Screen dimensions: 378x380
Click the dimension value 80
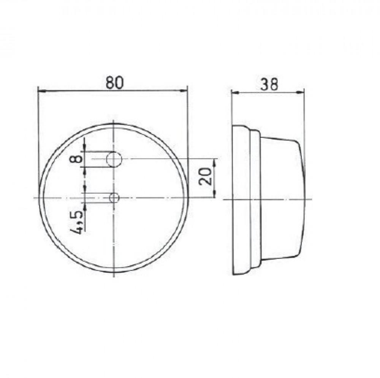[114, 83]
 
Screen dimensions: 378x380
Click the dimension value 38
[269, 84]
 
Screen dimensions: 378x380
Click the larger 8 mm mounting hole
[114, 159]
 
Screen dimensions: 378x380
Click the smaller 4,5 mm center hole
[114, 198]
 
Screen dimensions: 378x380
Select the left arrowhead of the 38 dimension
[234, 92]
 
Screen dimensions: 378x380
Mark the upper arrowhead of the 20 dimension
[215, 161]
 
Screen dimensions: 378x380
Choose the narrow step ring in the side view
[255, 198]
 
